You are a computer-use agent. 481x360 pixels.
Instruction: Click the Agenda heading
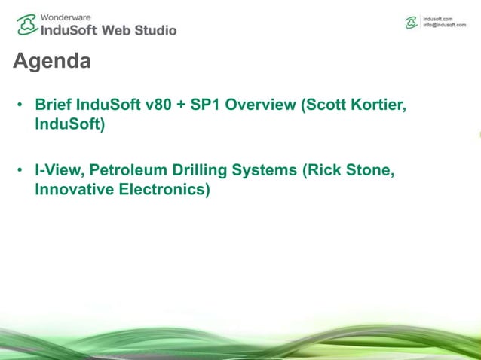(x=52, y=61)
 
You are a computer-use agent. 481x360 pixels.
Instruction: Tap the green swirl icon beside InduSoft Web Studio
(x=26, y=25)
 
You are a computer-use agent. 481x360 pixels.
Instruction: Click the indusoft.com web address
(x=440, y=18)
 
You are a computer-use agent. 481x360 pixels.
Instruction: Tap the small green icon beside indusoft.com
(x=412, y=22)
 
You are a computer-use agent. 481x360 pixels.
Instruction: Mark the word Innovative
(x=74, y=189)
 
